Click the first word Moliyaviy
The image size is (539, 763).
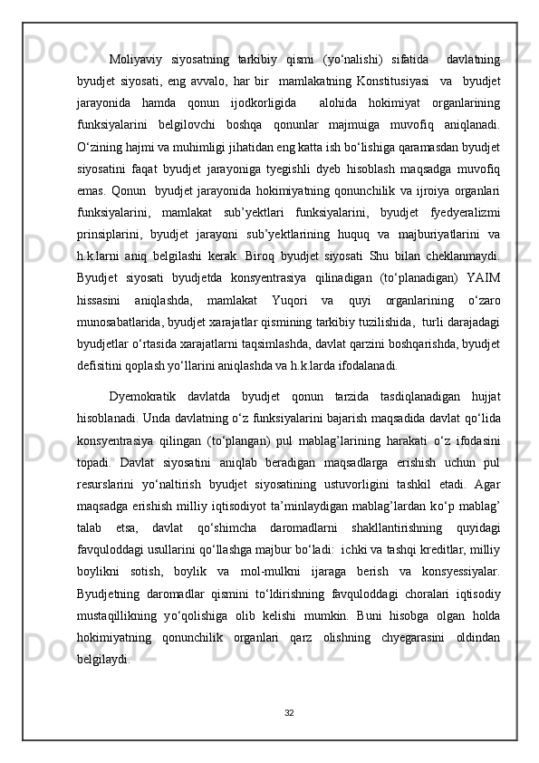click(x=136, y=61)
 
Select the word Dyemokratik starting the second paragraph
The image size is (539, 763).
click(x=145, y=423)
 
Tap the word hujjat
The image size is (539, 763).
click(x=482, y=423)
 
